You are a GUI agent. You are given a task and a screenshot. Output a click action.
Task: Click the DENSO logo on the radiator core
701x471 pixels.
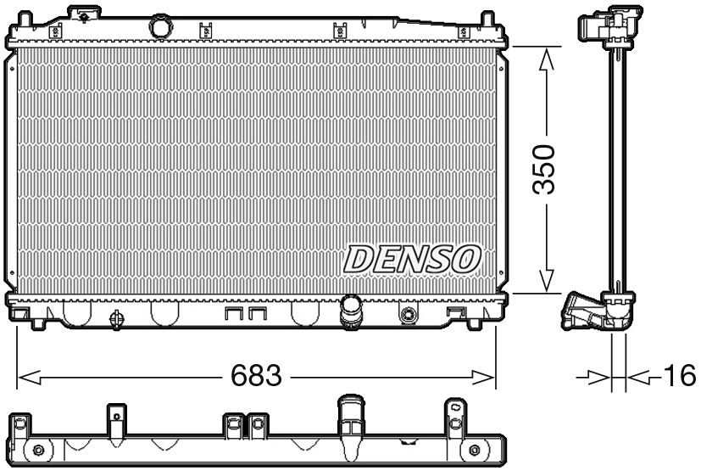(x=414, y=259)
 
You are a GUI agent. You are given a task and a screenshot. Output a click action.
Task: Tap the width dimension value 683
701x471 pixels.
(x=256, y=375)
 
